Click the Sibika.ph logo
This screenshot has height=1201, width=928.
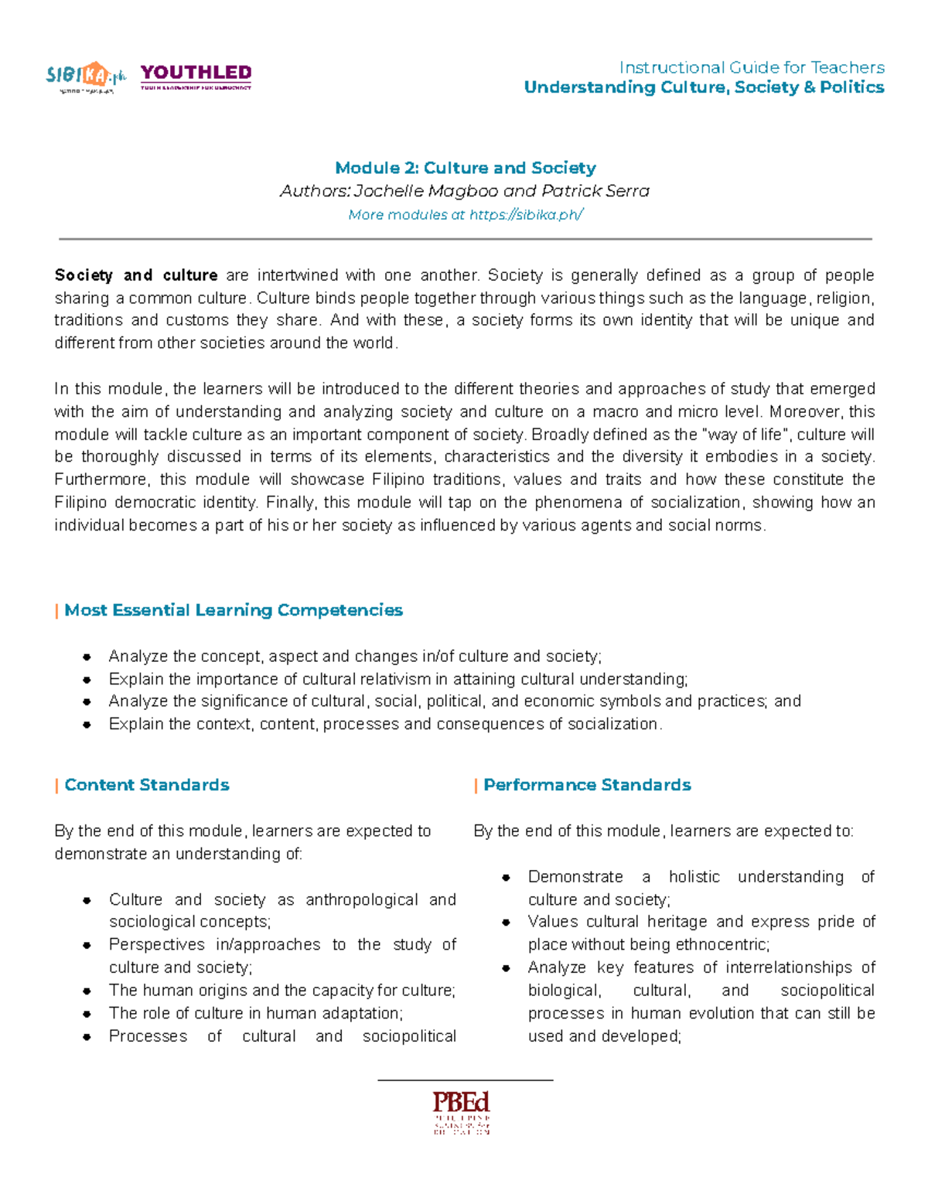coord(85,77)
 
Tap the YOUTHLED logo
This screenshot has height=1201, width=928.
coord(196,76)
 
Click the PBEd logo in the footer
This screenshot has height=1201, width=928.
coord(462,1111)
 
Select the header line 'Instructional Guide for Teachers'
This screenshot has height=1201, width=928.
coord(752,67)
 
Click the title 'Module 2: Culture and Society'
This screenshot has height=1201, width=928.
coord(465,168)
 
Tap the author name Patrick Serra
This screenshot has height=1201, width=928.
coord(595,191)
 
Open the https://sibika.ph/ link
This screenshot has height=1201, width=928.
coord(526,215)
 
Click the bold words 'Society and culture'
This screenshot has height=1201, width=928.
coord(136,275)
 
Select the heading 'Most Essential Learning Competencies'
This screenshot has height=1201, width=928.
coord(234,610)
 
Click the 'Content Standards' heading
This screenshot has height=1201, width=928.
coord(147,785)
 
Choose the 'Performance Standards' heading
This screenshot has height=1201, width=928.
coord(587,785)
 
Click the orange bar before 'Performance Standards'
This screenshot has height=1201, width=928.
coord(476,786)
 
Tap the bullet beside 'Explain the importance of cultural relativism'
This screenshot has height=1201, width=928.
coord(87,680)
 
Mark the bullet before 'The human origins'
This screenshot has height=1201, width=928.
coord(87,991)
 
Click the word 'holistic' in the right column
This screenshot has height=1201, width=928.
coord(694,877)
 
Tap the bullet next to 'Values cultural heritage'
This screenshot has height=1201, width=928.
coord(507,922)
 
